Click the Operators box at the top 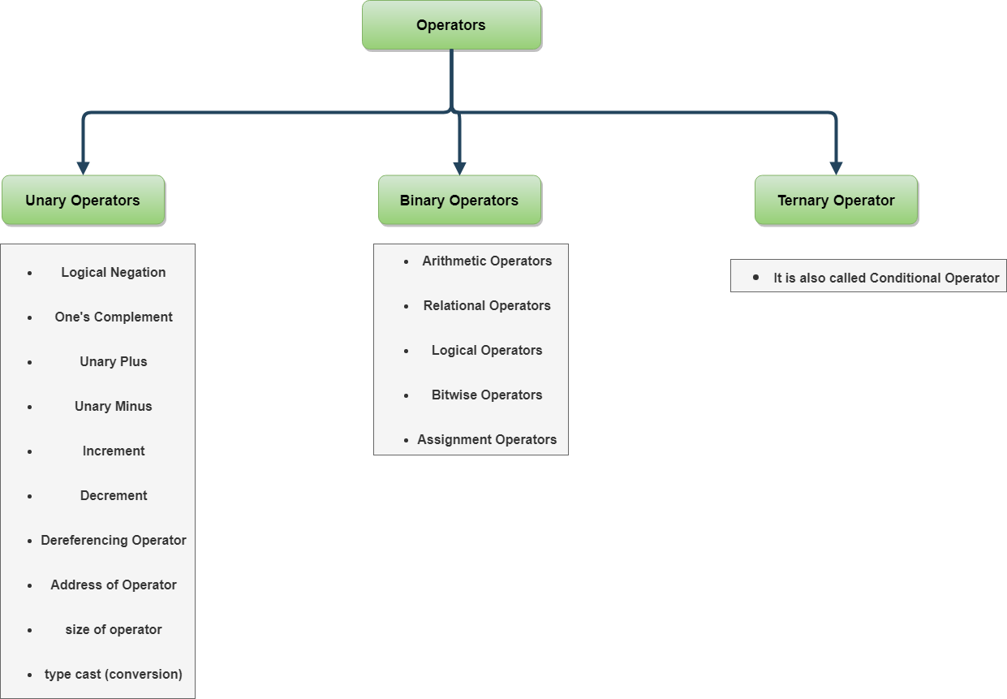click(451, 25)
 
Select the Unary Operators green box click(83, 201)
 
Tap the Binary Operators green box click(459, 201)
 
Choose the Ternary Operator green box click(836, 201)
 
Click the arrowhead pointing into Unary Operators click(83, 167)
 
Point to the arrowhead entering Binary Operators click(459, 167)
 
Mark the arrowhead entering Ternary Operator click(836, 167)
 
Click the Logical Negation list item click(114, 273)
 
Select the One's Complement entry click(114, 317)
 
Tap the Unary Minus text click(114, 407)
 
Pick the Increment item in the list click(114, 451)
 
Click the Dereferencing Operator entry click(114, 541)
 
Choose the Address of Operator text click(114, 585)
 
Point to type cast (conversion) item click(114, 675)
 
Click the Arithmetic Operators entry click(487, 261)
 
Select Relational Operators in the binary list click(487, 306)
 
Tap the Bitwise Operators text click(487, 395)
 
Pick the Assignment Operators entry click(487, 440)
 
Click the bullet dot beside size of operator click(30, 631)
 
